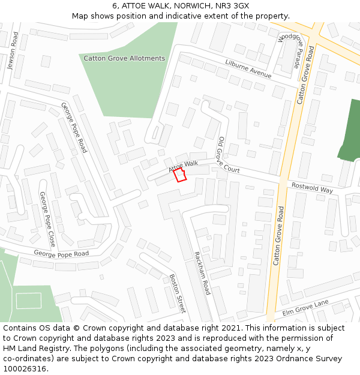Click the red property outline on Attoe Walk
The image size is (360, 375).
(179, 175)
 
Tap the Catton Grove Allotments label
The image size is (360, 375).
(124, 58)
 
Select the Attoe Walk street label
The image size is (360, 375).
(183, 164)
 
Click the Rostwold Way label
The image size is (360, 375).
(312, 187)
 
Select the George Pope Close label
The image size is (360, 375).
(47, 220)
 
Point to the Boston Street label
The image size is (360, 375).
(178, 293)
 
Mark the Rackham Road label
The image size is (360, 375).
(202, 272)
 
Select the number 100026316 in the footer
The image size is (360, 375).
(24, 368)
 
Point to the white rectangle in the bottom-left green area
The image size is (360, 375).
(28, 300)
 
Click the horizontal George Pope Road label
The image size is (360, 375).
(61, 253)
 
